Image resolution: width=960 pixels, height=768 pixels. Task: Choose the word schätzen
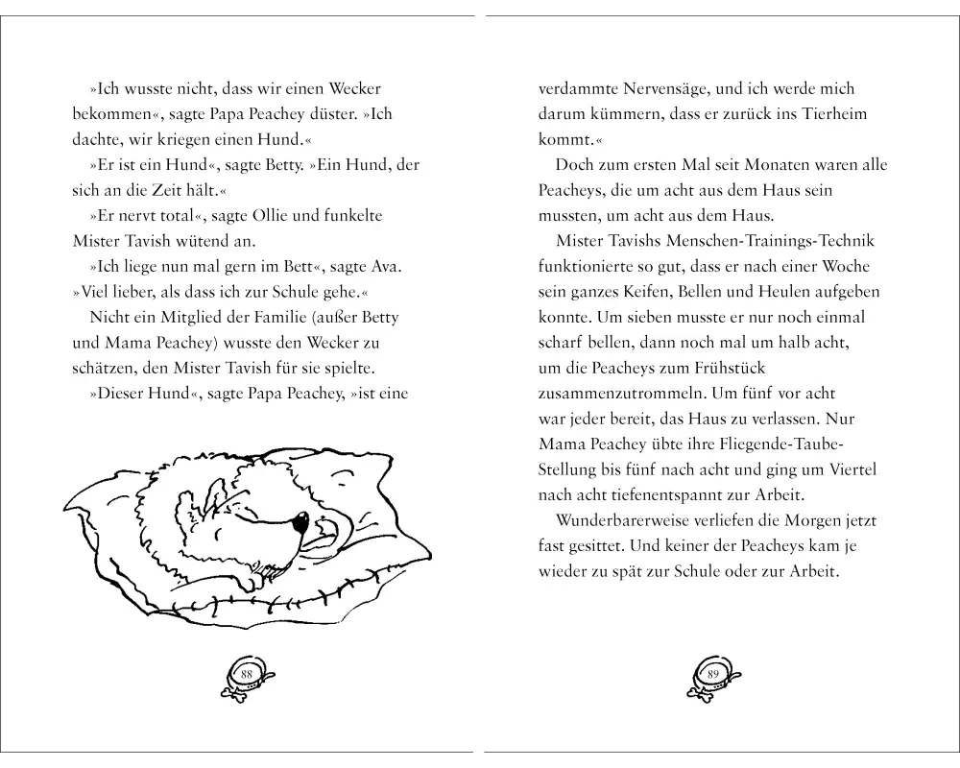tap(104, 368)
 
